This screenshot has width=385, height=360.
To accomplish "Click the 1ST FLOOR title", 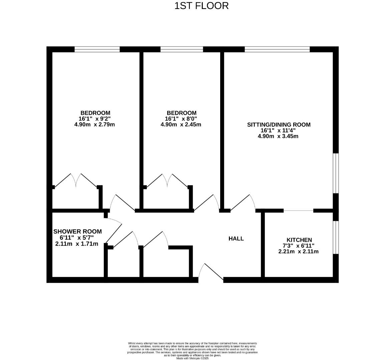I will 202,6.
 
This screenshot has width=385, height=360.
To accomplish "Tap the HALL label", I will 236,239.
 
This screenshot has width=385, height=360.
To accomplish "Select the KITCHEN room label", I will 299,240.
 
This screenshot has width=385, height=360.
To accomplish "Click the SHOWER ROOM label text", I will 77,231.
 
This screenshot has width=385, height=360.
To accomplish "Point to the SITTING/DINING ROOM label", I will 279,125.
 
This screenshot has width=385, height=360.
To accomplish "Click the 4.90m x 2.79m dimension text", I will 95,125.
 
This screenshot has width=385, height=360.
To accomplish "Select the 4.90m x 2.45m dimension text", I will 181,125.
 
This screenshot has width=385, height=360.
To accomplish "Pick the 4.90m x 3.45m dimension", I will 278,136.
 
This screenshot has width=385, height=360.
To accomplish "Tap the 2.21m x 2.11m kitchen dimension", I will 298,251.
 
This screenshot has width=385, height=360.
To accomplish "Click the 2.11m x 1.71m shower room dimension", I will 77,244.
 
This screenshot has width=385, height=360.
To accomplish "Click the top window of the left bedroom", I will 97,49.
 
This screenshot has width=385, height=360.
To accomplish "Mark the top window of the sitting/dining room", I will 277,49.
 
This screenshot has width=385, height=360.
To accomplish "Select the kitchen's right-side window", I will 336,237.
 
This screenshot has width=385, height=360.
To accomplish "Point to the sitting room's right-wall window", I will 336,173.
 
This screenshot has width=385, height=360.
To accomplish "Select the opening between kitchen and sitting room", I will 298,210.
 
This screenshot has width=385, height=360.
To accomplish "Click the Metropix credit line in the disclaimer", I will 192,358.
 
